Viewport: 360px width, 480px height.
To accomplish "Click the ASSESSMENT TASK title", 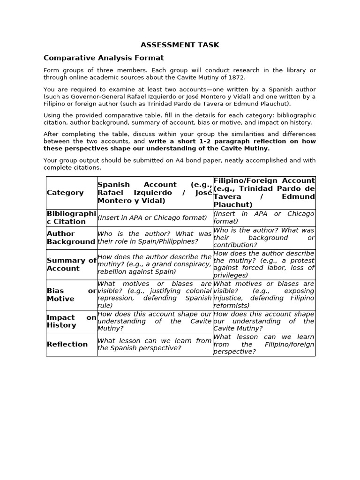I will click(180, 45).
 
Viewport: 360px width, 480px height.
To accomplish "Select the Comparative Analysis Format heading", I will click(104, 58).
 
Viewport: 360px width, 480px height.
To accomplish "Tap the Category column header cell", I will click(65, 193).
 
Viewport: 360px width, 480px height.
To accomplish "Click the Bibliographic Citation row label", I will click(71, 217).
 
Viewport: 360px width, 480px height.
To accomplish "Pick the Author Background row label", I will click(71, 238).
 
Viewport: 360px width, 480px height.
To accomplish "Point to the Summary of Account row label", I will click(71, 264).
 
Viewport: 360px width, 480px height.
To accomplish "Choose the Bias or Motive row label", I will click(71, 295).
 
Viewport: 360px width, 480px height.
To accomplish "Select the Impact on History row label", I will click(71, 321).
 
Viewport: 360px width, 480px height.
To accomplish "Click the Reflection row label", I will click(67, 344).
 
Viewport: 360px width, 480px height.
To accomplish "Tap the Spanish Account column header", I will click(154, 193).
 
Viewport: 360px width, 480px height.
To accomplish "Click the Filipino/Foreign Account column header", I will click(264, 193).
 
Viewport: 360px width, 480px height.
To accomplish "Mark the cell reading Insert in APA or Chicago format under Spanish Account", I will click(152, 217).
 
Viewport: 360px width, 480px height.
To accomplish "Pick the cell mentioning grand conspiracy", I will click(154, 264).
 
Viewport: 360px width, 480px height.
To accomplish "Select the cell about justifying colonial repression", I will click(154, 295).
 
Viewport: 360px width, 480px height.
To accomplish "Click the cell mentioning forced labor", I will click(264, 264).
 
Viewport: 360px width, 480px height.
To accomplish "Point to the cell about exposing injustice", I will click(264, 295).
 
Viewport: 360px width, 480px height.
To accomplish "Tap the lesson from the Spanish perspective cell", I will click(154, 344).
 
